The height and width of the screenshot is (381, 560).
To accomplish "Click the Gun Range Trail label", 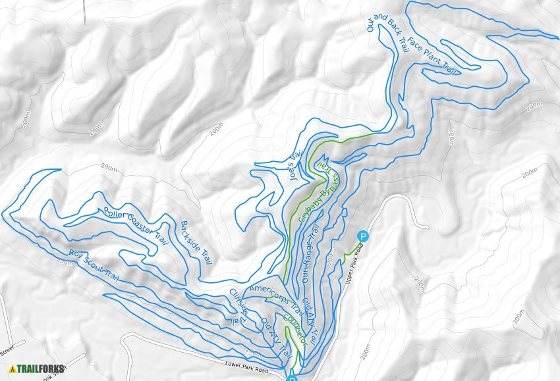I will (x=310, y=254).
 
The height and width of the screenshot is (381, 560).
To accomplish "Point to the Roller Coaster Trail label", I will (x=136, y=227).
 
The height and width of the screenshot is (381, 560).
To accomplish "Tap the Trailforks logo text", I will (x=40, y=369).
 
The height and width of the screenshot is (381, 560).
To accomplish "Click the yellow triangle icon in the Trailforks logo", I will (x=12, y=369).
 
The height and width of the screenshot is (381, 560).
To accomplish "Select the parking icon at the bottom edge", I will (x=292, y=378).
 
